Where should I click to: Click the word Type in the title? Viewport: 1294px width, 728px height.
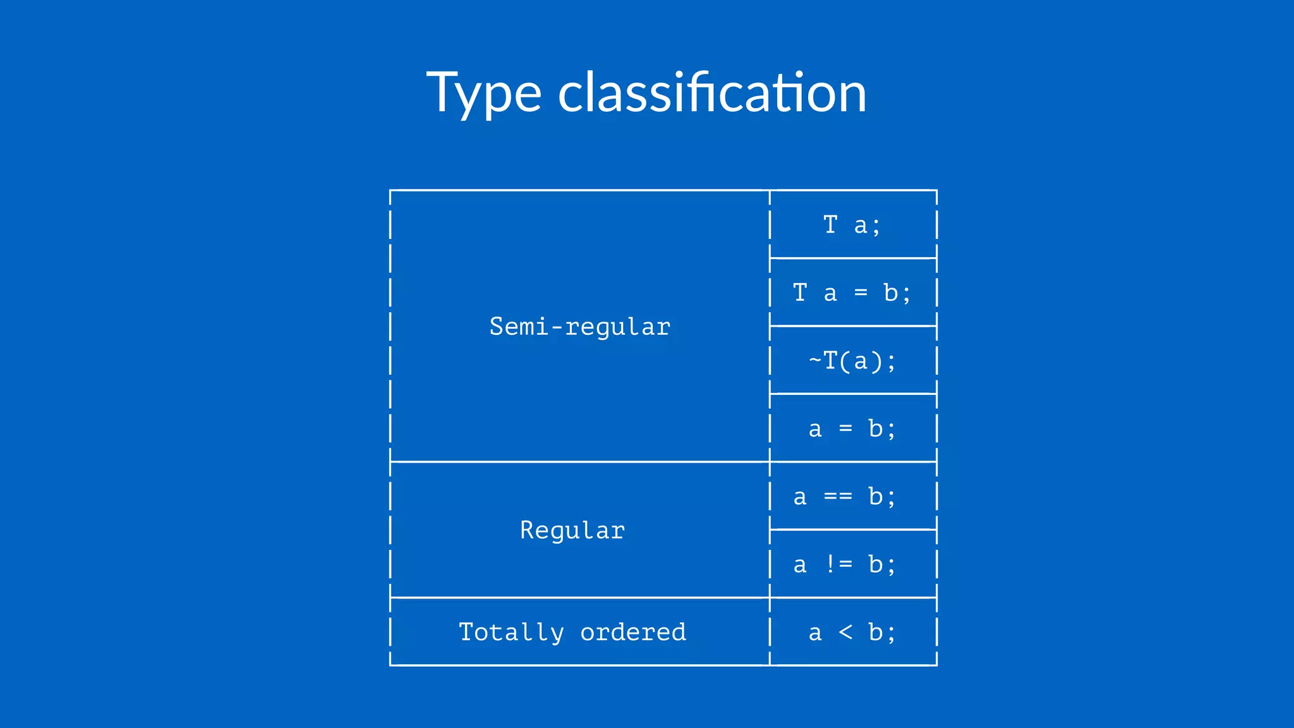[483, 94]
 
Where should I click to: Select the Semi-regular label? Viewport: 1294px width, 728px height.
[579, 327]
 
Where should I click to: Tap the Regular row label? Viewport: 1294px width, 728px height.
[572, 530]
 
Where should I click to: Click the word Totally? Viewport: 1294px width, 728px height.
[511, 632]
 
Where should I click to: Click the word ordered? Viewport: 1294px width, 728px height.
[633, 632]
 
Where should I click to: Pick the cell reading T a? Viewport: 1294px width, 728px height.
[852, 225]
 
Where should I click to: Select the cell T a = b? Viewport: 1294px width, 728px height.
[852, 293]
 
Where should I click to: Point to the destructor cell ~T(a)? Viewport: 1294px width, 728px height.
[852, 361]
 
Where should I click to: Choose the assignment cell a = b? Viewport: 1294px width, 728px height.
[852, 429]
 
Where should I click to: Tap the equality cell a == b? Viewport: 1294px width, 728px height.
[845, 497]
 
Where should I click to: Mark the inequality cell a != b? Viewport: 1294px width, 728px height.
[845, 564]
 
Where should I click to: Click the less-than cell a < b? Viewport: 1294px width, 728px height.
[852, 632]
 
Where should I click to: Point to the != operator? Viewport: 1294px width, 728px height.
[838, 564]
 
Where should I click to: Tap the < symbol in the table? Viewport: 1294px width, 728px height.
[845, 632]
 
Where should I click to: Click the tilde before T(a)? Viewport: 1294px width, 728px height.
[815, 361]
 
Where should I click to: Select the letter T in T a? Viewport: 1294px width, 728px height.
[830, 224]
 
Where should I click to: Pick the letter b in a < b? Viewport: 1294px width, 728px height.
[875, 632]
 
